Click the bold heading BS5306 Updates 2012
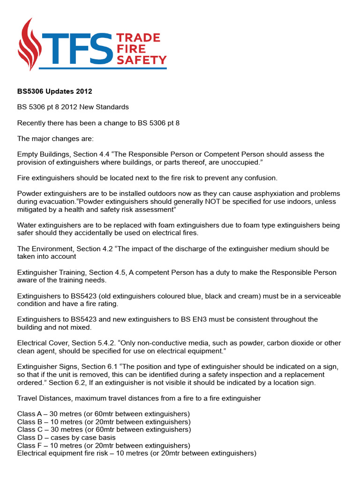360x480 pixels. pos(55,91)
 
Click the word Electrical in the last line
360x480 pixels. pos(34,453)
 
